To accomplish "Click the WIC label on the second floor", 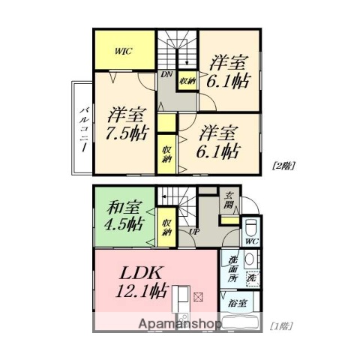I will tap(124, 52).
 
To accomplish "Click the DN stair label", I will tap(166, 73).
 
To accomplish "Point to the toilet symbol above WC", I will tap(250, 227).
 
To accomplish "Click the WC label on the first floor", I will tap(250, 241).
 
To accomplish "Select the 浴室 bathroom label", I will tap(238, 303).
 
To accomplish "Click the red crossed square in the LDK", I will tap(198, 297).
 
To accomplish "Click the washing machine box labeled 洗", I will tap(251, 277).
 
